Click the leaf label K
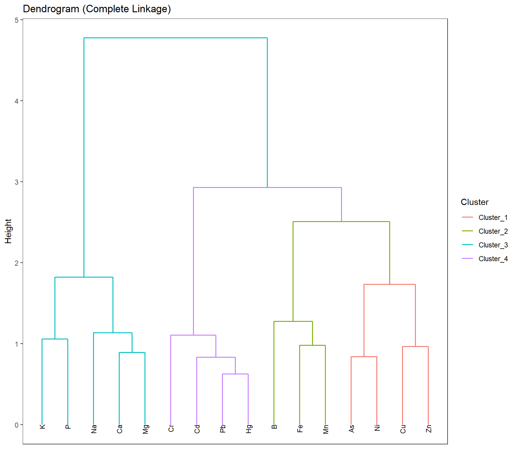pyautogui.click(x=42, y=426)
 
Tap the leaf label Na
pyautogui.click(x=94, y=429)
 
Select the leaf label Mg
pyautogui.click(x=145, y=429)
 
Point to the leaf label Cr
pyautogui.click(x=171, y=428)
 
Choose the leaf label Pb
pyautogui.click(x=223, y=429)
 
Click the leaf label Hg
pyautogui.click(x=249, y=429)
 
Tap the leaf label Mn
pyautogui.click(x=326, y=429)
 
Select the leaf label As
pyautogui.click(x=352, y=429)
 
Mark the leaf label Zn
pyautogui.click(x=429, y=429)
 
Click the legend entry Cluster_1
pyautogui.click(x=493, y=218)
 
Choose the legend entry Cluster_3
pyautogui.click(x=493, y=245)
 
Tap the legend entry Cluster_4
pyautogui.click(x=493, y=259)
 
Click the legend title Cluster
pyautogui.click(x=475, y=202)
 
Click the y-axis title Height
pyautogui.click(x=8, y=231)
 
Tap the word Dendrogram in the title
pyautogui.click(x=51, y=9)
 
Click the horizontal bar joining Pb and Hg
pyautogui.click(x=235, y=374)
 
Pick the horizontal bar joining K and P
pyautogui.click(x=55, y=339)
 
